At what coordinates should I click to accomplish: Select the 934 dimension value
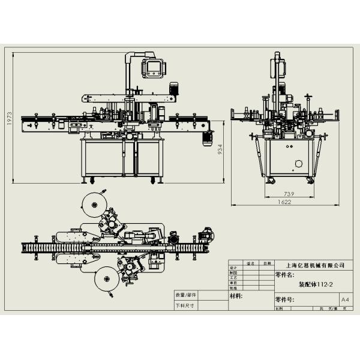pyautogui.click(x=220, y=150)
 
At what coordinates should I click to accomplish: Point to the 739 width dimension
pyautogui.click(x=289, y=194)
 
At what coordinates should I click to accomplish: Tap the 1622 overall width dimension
pyautogui.click(x=284, y=203)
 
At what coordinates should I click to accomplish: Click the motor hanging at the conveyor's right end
pyautogui.click(x=207, y=137)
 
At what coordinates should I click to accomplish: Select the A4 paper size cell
pyautogui.click(x=344, y=299)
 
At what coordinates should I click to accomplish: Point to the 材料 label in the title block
pyautogui.click(x=236, y=296)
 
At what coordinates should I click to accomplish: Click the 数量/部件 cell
pyautogui.click(x=185, y=295)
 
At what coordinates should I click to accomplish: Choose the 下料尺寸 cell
pyautogui.click(x=185, y=305)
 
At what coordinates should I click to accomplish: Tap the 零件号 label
pyautogui.click(x=284, y=299)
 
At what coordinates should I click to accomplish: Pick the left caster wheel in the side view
pyautogui.click(x=269, y=181)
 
